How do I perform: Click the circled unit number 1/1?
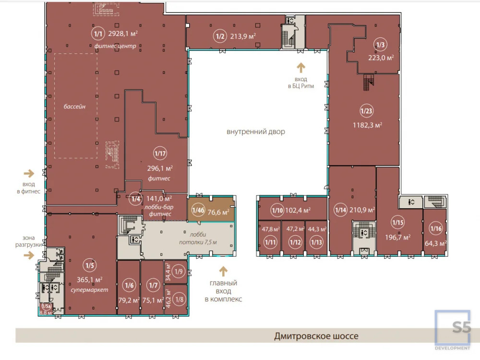(x=98, y=34)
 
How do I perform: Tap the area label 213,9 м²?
(x=243, y=36)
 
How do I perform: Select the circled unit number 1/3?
(x=380, y=45)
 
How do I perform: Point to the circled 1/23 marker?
(x=366, y=111)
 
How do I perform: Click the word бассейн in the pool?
(x=74, y=107)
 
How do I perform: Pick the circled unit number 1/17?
(x=160, y=154)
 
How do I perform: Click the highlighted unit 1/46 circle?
(x=198, y=210)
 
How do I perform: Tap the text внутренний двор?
(x=256, y=132)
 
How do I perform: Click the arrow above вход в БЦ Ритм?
(x=301, y=68)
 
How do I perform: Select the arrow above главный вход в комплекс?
(x=223, y=271)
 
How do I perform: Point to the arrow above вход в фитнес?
(x=29, y=174)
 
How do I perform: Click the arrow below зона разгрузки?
(x=29, y=255)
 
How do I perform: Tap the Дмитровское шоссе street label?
(x=316, y=336)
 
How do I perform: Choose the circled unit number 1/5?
(x=90, y=265)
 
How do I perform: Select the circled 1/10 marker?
(x=277, y=210)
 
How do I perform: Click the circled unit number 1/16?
(x=436, y=228)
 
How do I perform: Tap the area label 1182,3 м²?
(x=367, y=125)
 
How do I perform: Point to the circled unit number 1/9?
(x=179, y=271)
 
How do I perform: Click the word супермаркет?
(x=89, y=290)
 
